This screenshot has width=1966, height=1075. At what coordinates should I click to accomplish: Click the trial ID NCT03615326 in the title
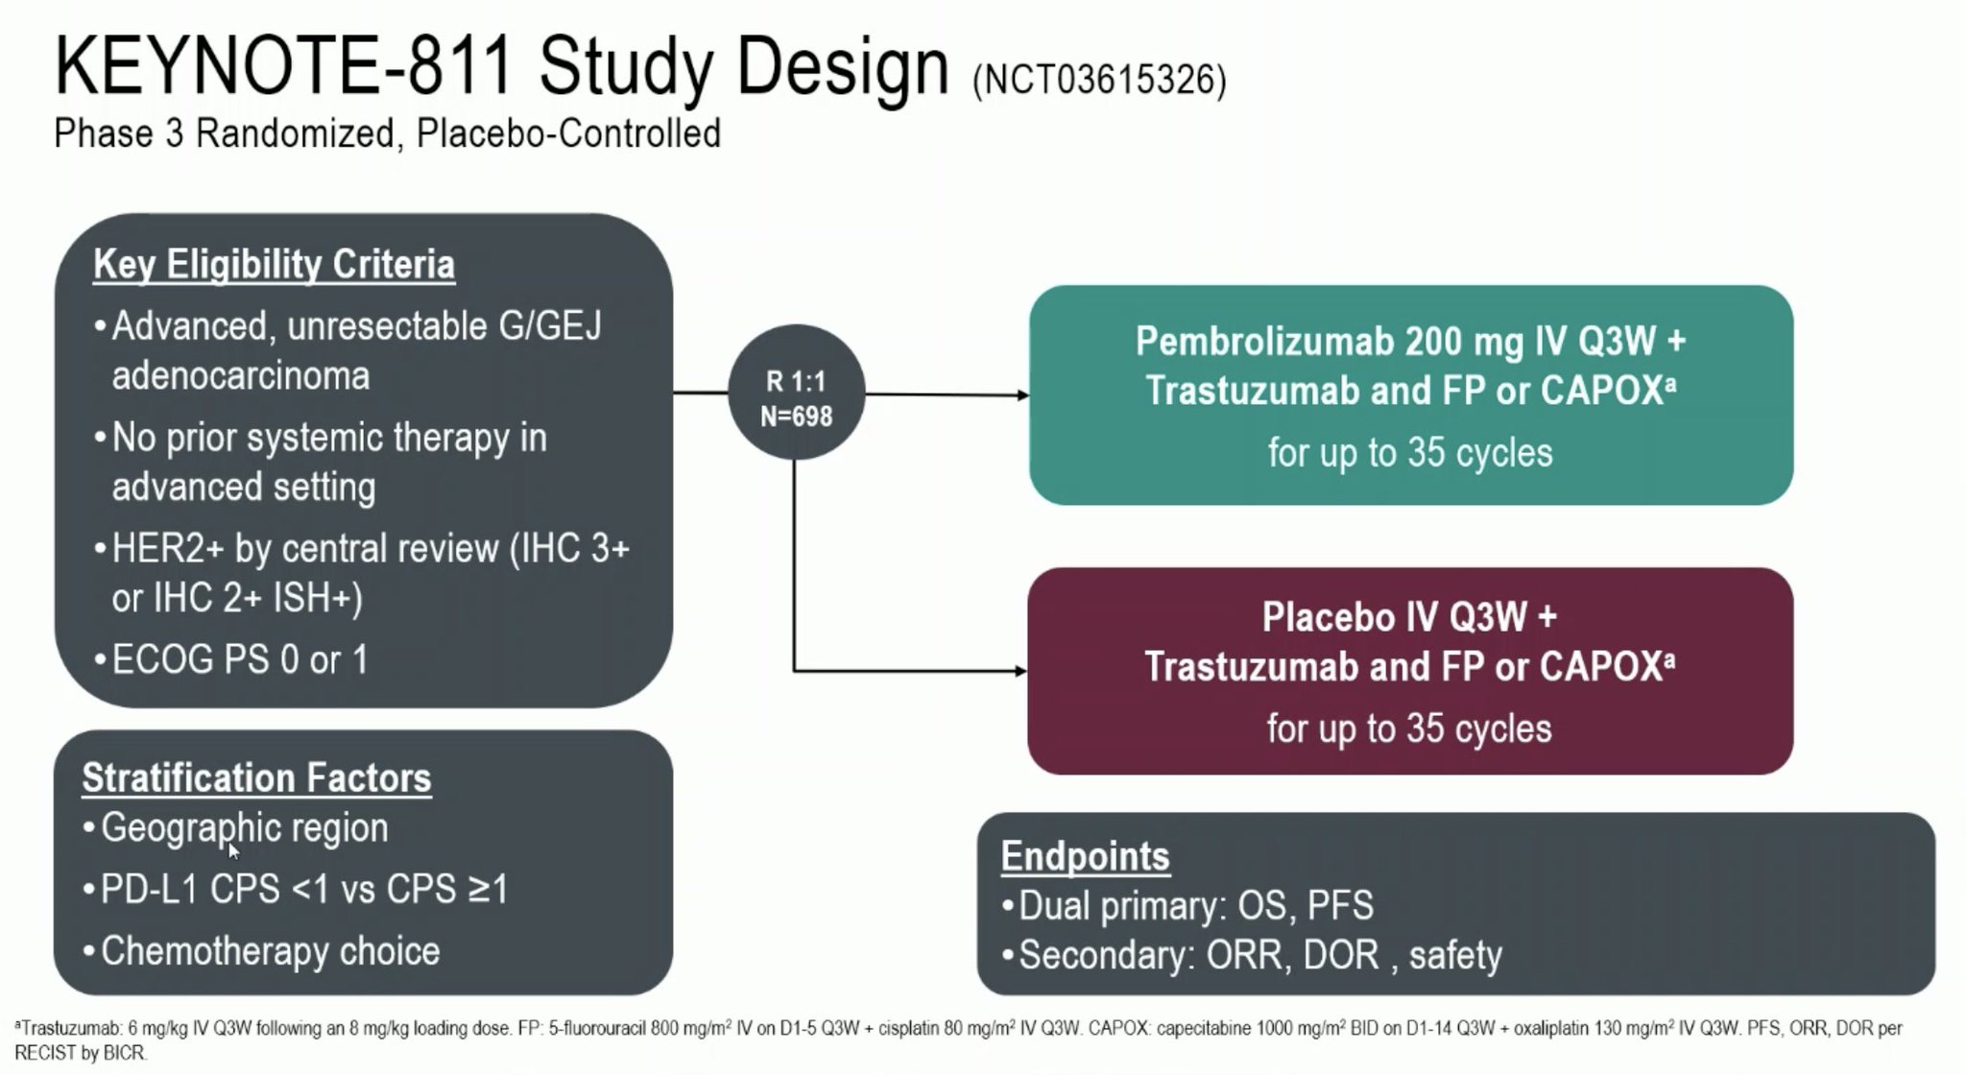(1099, 81)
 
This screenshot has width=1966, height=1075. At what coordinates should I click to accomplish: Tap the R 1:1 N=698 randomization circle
(796, 393)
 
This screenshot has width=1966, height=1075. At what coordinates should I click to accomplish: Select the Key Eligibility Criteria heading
(274, 264)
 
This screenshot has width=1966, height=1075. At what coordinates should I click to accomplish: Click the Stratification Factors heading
(256, 777)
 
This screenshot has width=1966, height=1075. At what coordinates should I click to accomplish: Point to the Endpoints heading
(1085, 856)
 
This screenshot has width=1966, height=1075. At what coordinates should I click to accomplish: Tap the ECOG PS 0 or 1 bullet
(239, 659)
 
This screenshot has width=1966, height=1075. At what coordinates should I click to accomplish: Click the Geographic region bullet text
(244, 827)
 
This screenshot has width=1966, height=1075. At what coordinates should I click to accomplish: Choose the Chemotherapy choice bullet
(270, 951)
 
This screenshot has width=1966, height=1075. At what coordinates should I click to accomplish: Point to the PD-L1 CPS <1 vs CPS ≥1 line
(303, 889)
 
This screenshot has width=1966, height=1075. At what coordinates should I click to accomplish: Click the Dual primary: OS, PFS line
(1195, 905)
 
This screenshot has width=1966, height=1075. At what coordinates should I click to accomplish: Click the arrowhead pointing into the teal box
(1022, 394)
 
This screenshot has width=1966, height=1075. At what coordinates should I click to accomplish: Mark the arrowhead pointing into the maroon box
(1020, 671)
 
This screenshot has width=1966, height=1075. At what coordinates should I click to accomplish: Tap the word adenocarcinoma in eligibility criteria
(240, 375)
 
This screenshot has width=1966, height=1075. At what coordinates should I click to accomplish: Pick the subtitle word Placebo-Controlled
(568, 133)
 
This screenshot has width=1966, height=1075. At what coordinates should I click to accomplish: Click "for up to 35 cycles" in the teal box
(1409, 453)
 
